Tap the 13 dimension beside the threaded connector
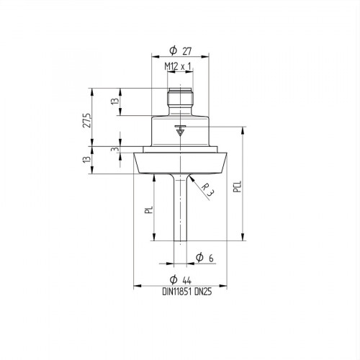click(x=114, y=102)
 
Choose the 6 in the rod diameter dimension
click(x=212, y=258)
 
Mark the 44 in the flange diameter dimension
click(x=186, y=279)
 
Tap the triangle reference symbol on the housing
click(x=180, y=132)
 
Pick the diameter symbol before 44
click(x=173, y=279)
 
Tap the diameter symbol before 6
click(x=199, y=258)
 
